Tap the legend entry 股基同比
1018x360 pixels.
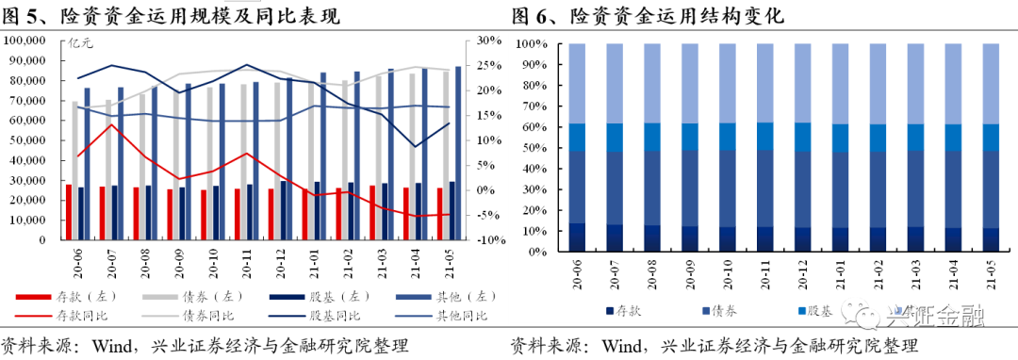pos(336,316)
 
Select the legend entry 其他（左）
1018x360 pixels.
pos(437,298)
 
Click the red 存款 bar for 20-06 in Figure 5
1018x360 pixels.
pos(69,212)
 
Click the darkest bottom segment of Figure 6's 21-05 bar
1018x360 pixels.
pos(992,240)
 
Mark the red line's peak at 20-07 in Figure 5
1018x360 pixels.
pos(112,124)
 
